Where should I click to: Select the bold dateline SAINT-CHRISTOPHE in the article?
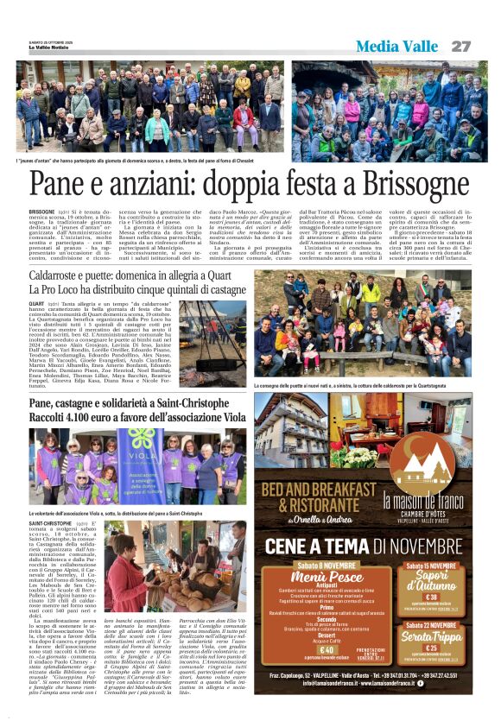click(x=51, y=524)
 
